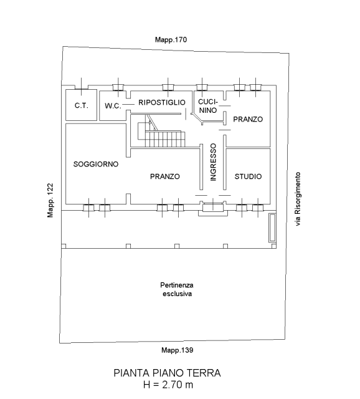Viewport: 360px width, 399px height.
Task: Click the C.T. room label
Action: coord(82,105)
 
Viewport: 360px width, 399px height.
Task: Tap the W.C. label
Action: coord(113,106)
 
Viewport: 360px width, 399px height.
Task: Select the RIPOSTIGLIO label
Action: coord(162,102)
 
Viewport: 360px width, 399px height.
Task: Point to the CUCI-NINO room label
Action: coord(208,106)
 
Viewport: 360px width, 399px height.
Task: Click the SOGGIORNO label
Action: coord(96,164)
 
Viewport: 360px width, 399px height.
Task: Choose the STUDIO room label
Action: coord(248,176)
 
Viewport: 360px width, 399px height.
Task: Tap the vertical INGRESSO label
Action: coord(213,162)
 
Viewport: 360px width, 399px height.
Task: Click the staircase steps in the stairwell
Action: coord(165,139)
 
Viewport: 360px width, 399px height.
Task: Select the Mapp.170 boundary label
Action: coord(171,40)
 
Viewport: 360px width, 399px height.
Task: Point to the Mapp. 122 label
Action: coord(50,200)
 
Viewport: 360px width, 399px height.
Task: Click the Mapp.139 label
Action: coord(178,350)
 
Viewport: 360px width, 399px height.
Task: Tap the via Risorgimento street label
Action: coord(298,199)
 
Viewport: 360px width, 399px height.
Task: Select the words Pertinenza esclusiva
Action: coord(177,289)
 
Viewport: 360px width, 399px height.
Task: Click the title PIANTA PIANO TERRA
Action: coord(167,373)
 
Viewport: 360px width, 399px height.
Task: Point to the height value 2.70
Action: coord(172,385)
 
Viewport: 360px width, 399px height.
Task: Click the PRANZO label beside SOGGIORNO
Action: coord(165,176)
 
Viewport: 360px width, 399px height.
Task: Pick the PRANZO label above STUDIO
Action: coord(248,119)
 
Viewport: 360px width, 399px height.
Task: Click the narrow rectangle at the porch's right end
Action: coord(272,228)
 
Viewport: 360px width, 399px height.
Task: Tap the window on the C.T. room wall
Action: coord(82,87)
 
